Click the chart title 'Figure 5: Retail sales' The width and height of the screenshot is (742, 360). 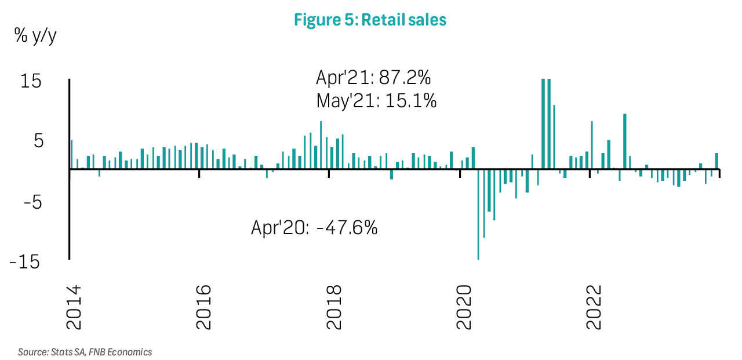tap(370, 20)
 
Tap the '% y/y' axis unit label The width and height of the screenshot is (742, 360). tap(35, 36)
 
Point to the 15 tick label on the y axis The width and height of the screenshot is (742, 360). tap(31, 81)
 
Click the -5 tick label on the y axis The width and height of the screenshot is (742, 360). tap(30, 202)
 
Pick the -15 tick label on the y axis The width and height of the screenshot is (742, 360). tap(26, 262)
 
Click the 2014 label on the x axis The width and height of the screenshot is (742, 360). tap(74, 307)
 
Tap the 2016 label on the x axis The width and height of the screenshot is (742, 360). tap(204, 307)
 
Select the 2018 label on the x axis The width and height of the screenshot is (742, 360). tap(334, 307)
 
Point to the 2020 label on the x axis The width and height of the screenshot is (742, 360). tap(464, 307)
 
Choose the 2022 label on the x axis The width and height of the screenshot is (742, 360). tap(594, 307)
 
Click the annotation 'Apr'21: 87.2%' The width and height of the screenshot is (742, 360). tap(373, 77)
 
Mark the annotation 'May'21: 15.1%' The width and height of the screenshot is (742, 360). tap(376, 101)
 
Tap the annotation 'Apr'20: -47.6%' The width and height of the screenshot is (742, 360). tap(314, 227)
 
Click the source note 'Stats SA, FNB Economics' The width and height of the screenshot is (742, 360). tap(85, 352)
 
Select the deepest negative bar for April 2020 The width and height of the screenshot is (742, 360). tap(478, 214)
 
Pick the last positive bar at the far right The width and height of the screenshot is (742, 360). tap(716, 161)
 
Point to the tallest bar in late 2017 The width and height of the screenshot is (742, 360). tap(321, 145)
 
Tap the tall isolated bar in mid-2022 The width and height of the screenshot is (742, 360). tap(624, 141)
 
